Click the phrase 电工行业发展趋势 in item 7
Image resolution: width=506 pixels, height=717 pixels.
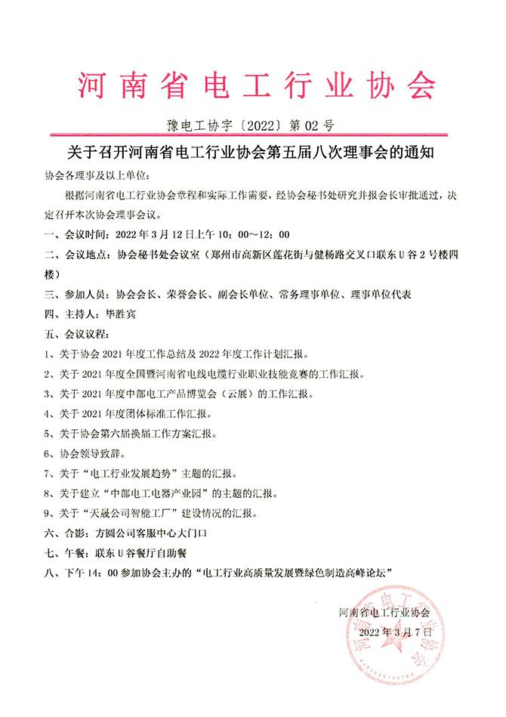coord(132,474)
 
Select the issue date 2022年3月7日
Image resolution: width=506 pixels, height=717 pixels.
coord(395,632)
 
